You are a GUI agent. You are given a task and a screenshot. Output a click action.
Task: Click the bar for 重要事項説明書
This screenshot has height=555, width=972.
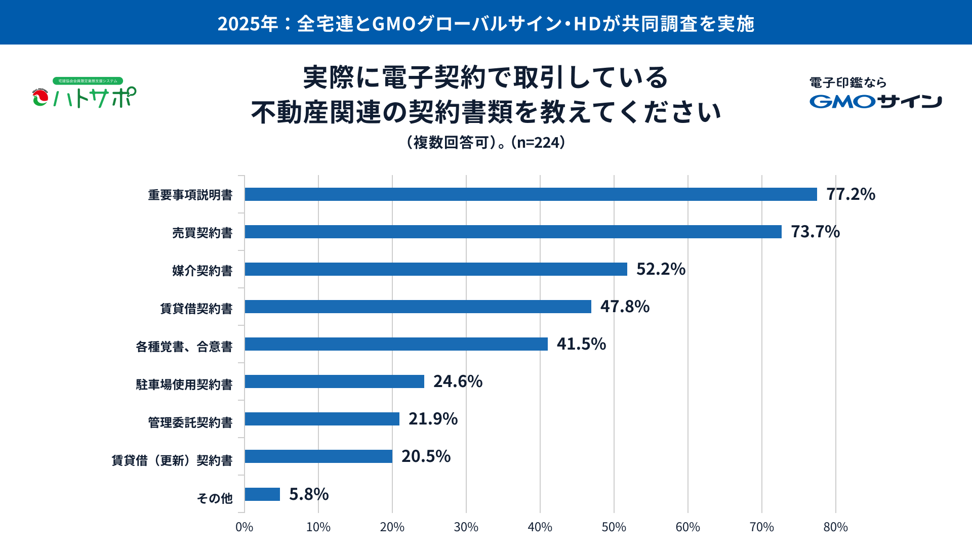[x=531, y=194]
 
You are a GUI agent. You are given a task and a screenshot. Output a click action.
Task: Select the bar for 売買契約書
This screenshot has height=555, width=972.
[x=513, y=232]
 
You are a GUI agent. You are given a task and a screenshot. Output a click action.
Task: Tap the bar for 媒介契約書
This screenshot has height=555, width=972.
[x=436, y=269]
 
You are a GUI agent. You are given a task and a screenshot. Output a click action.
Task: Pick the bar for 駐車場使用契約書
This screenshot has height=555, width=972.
[x=334, y=381]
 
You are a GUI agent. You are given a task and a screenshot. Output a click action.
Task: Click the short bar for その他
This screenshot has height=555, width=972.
[x=262, y=494]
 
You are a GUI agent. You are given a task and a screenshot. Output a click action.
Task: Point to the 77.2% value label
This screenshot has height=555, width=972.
[x=850, y=194]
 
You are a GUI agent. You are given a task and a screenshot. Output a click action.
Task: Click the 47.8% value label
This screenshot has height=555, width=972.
[x=625, y=307]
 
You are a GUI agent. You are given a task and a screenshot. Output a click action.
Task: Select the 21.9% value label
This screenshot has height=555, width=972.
[x=433, y=419]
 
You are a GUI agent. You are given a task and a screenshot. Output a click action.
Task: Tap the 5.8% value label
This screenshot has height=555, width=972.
[x=309, y=494]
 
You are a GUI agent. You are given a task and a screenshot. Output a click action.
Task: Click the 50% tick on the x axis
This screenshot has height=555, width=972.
[x=614, y=527]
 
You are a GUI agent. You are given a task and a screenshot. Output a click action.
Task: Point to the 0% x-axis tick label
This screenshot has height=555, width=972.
[x=245, y=527]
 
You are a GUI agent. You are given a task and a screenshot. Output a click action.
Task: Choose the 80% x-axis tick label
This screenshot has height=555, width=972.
[x=835, y=527]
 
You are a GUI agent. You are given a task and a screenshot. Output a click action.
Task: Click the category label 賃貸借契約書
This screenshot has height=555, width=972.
[x=196, y=309]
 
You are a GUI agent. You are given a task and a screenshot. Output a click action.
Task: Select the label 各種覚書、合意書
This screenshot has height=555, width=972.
[x=184, y=347]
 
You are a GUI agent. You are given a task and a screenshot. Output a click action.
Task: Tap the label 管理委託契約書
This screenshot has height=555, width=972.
[x=190, y=422]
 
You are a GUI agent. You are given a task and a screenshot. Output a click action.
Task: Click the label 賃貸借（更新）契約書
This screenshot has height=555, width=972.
[x=172, y=460]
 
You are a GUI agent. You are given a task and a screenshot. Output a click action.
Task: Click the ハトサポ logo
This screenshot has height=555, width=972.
[x=85, y=94]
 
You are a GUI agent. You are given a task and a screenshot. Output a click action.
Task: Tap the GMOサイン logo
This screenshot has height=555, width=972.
[x=875, y=101]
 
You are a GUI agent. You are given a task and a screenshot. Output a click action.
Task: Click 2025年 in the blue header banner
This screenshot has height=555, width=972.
[x=248, y=24]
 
